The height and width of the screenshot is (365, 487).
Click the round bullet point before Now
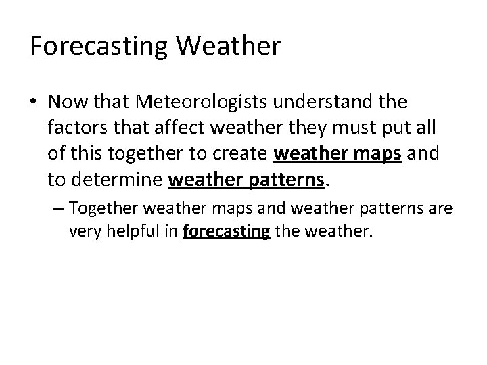pyautogui.click(x=34, y=103)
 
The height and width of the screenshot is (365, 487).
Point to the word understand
pyautogui.click(x=333, y=102)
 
